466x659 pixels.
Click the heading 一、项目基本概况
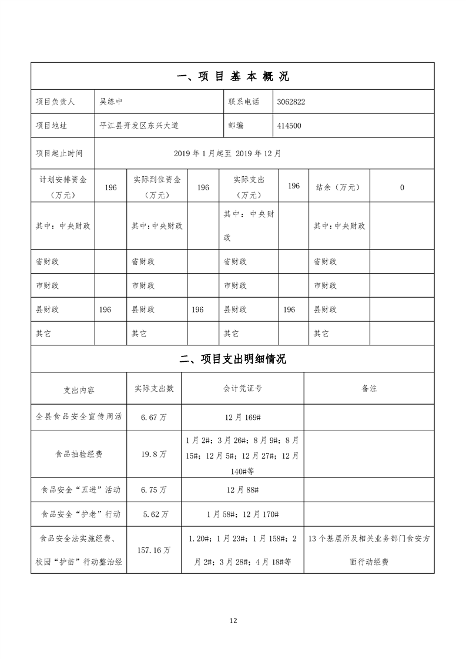coord(233,76)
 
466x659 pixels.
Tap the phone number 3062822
coord(290,102)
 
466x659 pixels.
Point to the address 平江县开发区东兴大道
coord(139,126)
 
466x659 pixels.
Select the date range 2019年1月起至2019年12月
coord(227,153)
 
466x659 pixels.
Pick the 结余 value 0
coord(402,187)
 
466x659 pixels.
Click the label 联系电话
coord(244,102)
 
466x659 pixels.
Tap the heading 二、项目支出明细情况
coord(233,359)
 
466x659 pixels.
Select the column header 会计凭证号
coord(243,389)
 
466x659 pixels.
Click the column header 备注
coord(369,389)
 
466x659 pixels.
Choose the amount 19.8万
coord(154,455)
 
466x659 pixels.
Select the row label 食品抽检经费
coord(79,455)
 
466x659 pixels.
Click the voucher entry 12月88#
coord(243,489)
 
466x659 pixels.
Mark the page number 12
coord(233,620)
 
